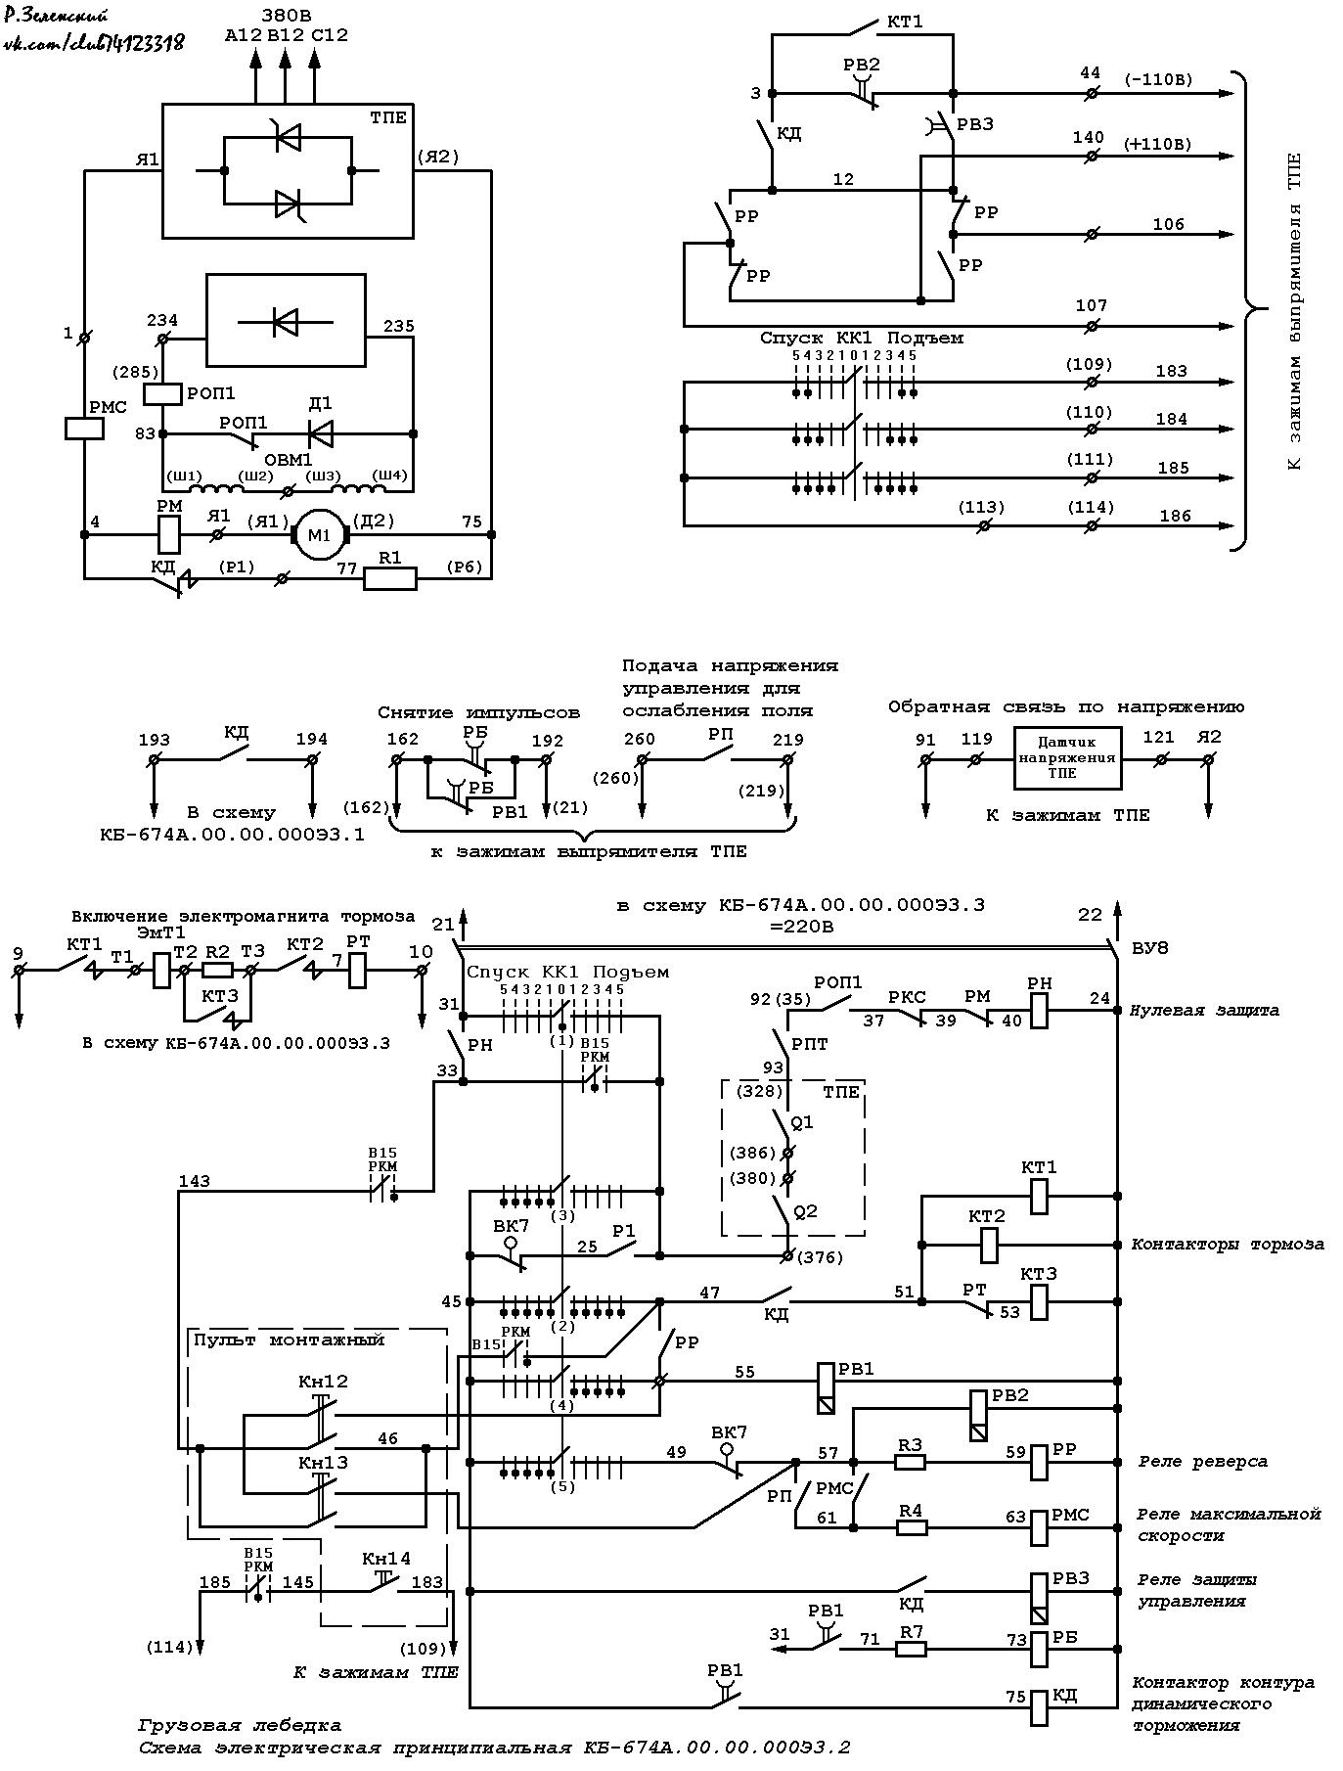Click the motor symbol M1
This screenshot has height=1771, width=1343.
pyautogui.click(x=321, y=534)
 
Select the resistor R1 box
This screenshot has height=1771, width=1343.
pyautogui.click(x=390, y=578)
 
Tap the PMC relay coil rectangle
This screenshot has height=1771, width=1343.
pyautogui.click(x=85, y=429)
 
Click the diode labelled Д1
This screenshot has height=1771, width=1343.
pyautogui.click(x=320, y=433)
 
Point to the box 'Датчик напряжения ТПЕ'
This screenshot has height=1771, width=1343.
pyautogui.click(x=1067, y=758)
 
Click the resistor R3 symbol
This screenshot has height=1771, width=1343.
pyautogui.click(x=911, y=1462)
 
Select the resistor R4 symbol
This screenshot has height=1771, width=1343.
pyautogui.click(x=912, y=1527)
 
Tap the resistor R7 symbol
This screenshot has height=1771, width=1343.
pyautogui.click(x=912, y=1649)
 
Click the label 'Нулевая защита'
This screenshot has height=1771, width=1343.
pyautogui.click(x=1205, y=1010)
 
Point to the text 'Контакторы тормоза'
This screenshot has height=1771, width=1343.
pyautogui.click(x=1228, y=1245)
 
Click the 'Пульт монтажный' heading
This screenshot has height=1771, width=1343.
pyautogui.click(x=289, y=1340)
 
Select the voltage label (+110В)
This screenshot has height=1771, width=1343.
pyautogui.click(x=1158, y=144)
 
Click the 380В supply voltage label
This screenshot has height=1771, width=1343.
pyautogui.click(x=285, y=15)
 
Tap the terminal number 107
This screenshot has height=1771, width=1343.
pyautogui.click(x=1092, y=305)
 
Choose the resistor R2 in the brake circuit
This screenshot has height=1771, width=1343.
pyautogui.click(x=217, y=971)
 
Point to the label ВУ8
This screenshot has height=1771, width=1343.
pyautogui.click(x=1148, y=948)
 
